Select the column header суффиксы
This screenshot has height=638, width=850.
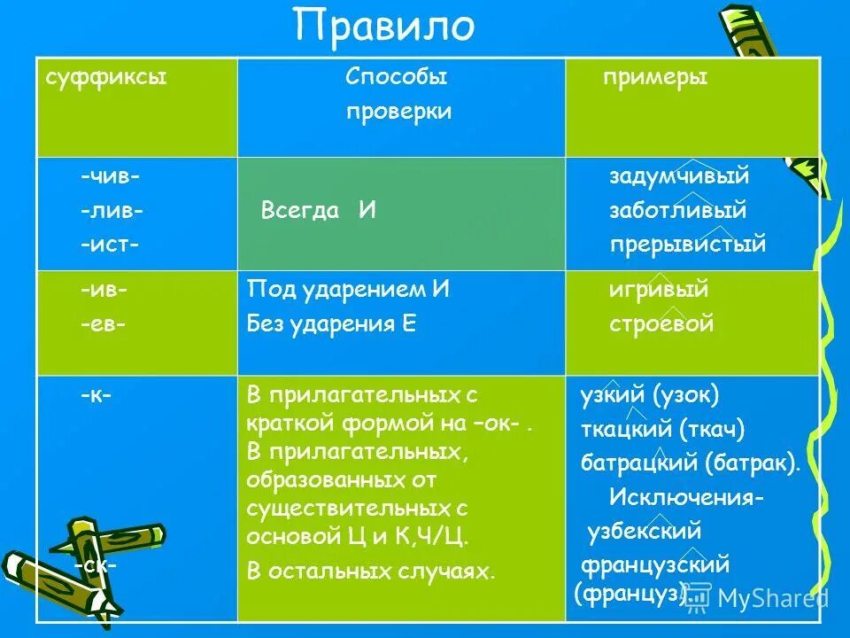[106, 78]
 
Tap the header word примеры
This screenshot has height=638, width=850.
[654, 78]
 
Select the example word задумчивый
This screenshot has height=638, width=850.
[679, 176]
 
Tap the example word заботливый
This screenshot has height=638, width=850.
[677, 211]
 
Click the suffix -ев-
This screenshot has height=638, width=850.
[103, 323]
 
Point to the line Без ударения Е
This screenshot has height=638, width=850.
[332, 323]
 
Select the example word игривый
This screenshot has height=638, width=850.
[659, 290]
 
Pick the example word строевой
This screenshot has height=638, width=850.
[661, 323]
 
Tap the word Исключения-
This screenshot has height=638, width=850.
[686, 498]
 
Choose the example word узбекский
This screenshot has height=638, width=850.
[644, 532]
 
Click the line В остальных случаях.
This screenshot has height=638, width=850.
[370, 572]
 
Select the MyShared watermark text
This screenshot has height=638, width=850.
[772, 599]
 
